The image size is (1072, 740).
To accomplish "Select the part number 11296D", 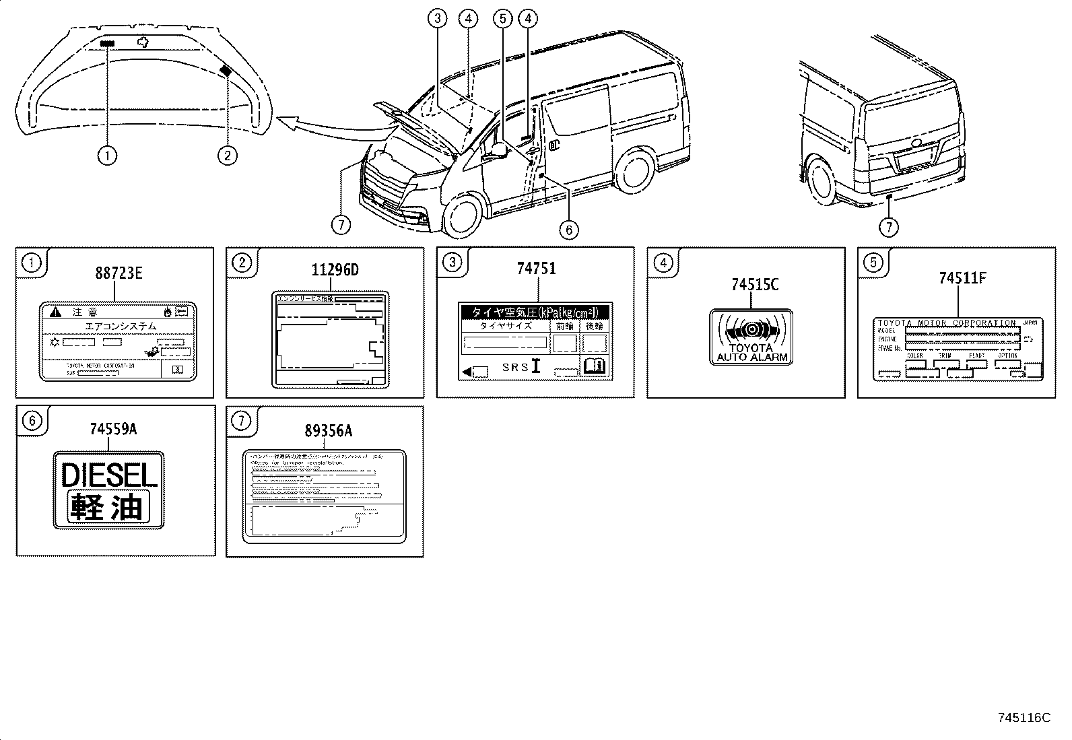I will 335,271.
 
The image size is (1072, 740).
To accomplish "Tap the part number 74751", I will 536,269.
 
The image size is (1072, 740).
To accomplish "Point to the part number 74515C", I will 754,285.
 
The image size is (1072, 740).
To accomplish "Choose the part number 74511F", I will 963,278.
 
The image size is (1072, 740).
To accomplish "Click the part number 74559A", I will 113,429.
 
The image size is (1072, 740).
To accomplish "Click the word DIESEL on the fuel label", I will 108,475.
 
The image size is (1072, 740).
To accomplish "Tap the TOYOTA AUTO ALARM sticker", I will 751,337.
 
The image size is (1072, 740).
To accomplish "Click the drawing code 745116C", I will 1024,718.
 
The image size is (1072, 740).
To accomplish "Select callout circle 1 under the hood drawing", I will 107,156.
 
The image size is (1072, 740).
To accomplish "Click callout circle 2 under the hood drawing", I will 227,156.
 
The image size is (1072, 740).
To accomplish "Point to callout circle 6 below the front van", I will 568,230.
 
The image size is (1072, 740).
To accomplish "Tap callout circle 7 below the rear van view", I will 889,227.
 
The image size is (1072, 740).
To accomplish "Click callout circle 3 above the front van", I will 438,18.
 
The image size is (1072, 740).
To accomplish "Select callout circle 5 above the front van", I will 502,18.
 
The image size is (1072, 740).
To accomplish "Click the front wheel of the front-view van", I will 464,215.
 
